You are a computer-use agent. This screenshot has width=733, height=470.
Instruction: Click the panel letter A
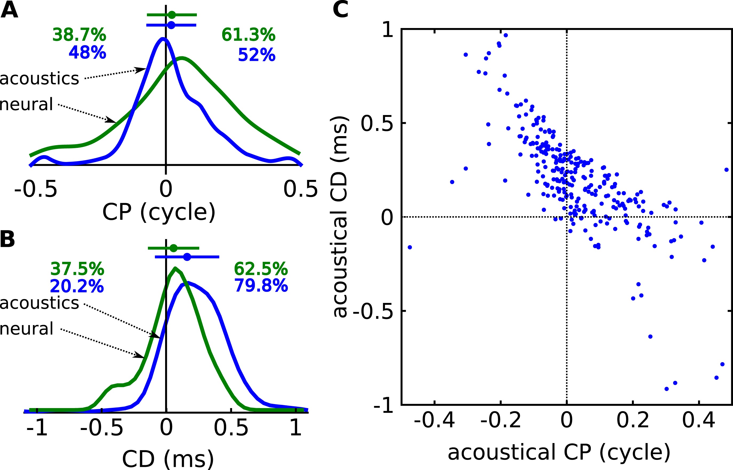9,10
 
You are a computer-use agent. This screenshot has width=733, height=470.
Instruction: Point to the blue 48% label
87,53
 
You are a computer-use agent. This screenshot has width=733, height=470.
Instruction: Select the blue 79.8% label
261,286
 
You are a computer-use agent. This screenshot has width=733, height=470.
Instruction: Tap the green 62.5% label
261,269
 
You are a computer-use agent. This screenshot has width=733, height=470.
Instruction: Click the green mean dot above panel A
172,15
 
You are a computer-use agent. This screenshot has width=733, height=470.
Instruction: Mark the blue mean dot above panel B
187,257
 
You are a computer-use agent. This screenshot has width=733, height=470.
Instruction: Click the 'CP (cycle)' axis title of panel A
159,212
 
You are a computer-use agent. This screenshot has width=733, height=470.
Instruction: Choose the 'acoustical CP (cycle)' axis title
559,452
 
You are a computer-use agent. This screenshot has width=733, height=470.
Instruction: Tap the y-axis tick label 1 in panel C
388,30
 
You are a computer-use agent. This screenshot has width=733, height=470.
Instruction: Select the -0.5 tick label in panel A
35,189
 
